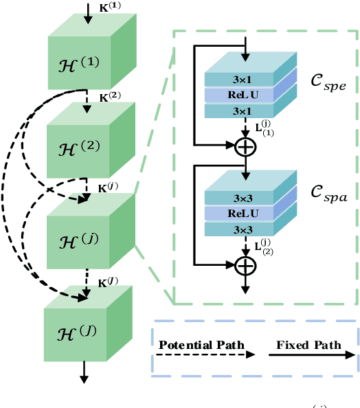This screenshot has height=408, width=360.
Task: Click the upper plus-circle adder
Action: [x=245, y=146]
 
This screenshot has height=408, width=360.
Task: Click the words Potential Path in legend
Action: [x=199, y=345]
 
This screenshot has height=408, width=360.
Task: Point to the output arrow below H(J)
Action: [x=84, y=371]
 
